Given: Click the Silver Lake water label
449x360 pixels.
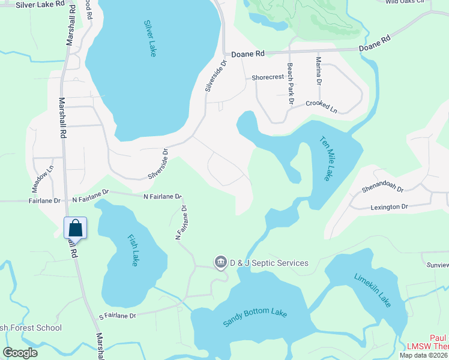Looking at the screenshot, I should click(150, 38).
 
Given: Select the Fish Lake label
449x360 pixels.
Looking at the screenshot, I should click(133, 250).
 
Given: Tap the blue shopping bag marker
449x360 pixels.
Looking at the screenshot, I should click(75, 229).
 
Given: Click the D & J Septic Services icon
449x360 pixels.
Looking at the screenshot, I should click(220, 263).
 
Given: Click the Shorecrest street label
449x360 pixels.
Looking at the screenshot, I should click(267, 77).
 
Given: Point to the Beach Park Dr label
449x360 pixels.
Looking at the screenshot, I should click(290, 84).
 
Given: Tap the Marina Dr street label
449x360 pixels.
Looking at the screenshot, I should click(319, 70).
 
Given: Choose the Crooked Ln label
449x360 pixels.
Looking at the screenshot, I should click(321, 106).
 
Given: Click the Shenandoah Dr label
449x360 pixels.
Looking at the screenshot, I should click(384, 188).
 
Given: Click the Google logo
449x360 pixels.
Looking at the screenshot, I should click(20, 352).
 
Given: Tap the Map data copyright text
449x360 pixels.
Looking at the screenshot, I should click(423, 355).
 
